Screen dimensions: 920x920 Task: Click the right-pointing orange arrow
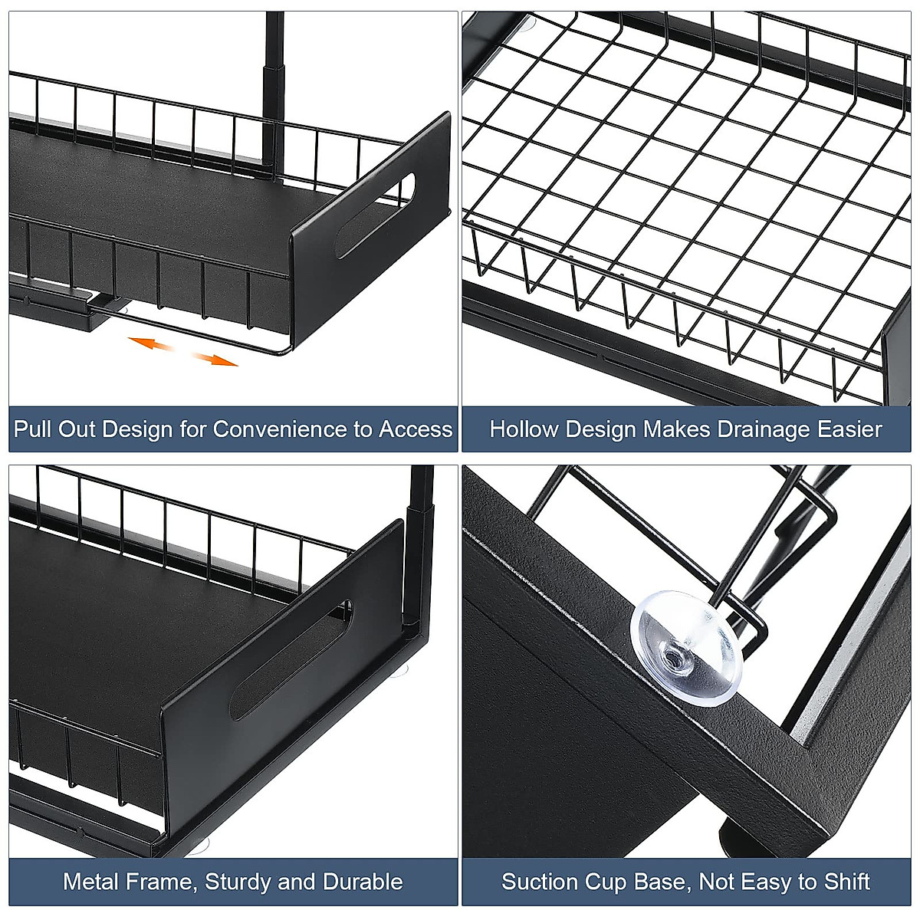[214, 359]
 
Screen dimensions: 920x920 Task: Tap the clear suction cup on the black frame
[686, 646]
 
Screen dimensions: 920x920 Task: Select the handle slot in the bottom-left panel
[292, 659]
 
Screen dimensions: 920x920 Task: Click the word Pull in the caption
[34, 429]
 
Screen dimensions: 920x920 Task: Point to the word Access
[416, 429]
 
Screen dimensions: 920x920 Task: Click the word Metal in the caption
[91, 882]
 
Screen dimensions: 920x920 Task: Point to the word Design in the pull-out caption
[137, 429]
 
